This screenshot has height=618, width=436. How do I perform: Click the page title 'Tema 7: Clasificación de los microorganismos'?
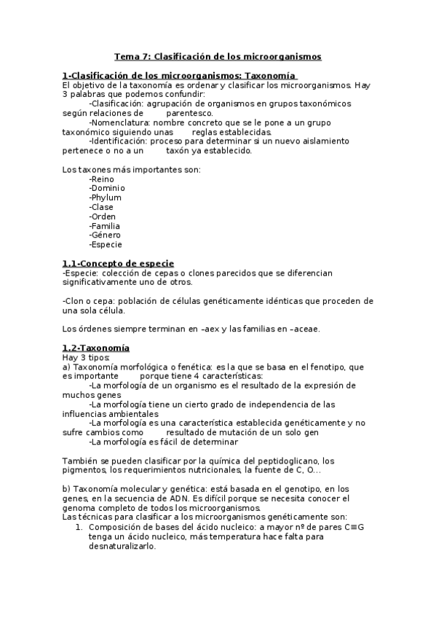(x=218, y=56)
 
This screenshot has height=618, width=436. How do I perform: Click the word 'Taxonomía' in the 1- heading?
(x=271, y=75)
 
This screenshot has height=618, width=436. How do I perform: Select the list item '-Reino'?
(x=101, y=179)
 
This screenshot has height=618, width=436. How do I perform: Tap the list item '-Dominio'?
(x=107, y=188)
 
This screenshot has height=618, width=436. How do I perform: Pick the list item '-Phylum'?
(x=105, y=197)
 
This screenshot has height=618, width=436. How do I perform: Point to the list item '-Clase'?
(x=101, y=207)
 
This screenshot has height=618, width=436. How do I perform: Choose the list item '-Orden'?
(x=103, y=216)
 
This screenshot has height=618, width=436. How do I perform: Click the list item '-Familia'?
(x=105, y=226)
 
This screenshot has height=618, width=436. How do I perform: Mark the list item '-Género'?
(x=105, y=235)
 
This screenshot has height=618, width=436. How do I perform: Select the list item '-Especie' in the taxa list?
(x=106, y=245)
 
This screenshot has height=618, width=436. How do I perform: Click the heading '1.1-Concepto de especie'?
(x=118, y=263)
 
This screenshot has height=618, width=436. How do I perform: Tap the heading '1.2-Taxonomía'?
(x=96, y=348)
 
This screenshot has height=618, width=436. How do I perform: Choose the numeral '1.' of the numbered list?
(x=81, y=526)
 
